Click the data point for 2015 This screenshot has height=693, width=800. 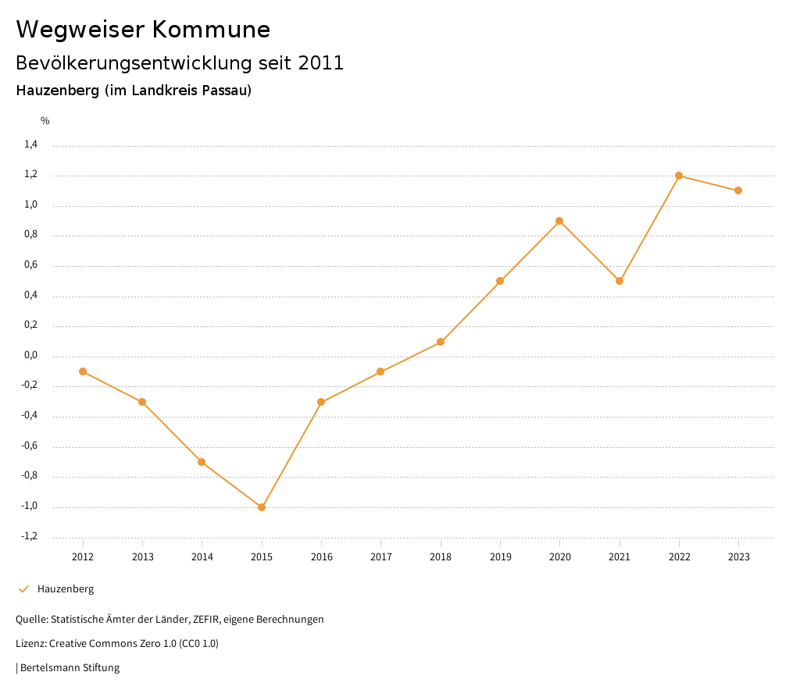pos(262,507)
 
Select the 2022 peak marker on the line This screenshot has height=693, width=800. pos(679,176)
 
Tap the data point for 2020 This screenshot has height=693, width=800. pos(559,221)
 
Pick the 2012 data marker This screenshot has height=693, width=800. pos(83,371)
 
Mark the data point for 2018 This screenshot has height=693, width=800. pos(441,342)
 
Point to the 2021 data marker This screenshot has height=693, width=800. pos(620,281)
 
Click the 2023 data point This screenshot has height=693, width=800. pos(738,190)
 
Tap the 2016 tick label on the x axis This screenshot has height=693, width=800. pos(322,557)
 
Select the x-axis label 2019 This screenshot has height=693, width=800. pos(500,557)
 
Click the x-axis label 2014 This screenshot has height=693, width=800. pos(202,557)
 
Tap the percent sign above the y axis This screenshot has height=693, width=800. pos(45,121)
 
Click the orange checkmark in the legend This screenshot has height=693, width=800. pos(23,589)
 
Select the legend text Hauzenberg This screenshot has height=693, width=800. pos(66,589)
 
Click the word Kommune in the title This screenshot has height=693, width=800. pos(210,30)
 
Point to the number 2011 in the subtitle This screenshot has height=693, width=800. pos(321,63)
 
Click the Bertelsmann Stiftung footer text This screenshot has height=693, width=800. pos(70,668)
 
